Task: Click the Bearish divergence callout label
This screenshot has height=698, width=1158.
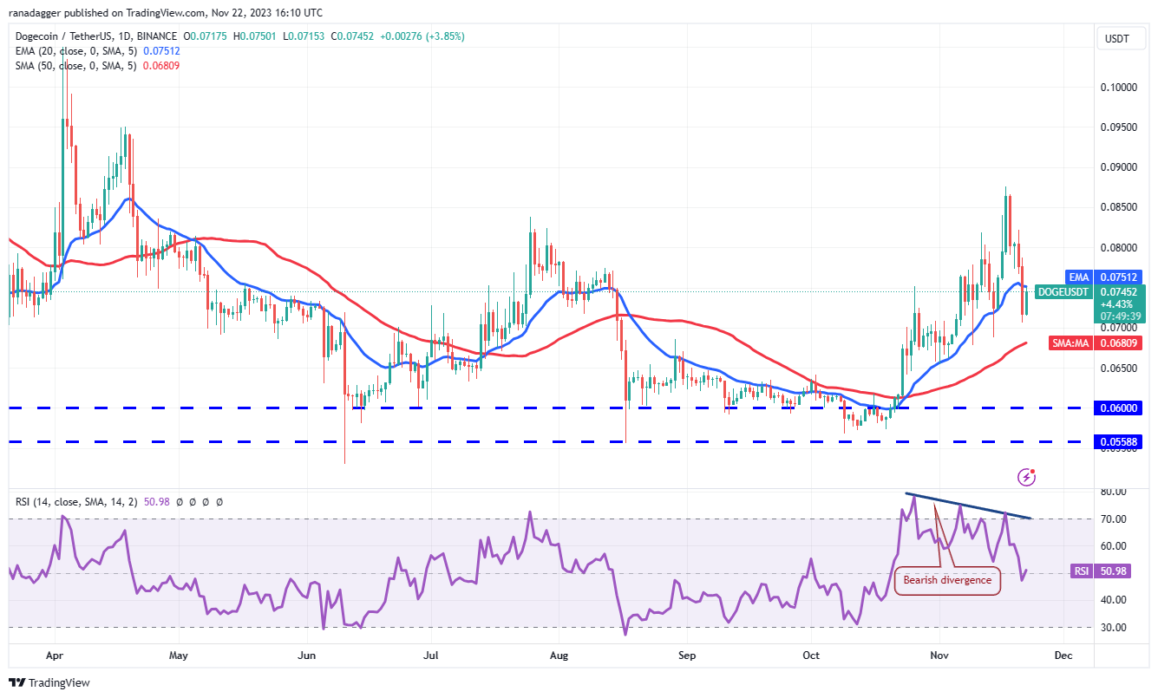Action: point(947,580)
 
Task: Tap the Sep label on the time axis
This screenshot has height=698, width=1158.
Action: point(687,656)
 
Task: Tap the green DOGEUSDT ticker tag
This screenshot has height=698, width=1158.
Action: point(1063,292)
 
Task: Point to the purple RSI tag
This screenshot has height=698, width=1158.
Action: point(1080,571)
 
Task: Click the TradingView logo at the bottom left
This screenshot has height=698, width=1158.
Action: point(50,682)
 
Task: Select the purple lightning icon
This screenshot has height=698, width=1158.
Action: point(1027,476)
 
